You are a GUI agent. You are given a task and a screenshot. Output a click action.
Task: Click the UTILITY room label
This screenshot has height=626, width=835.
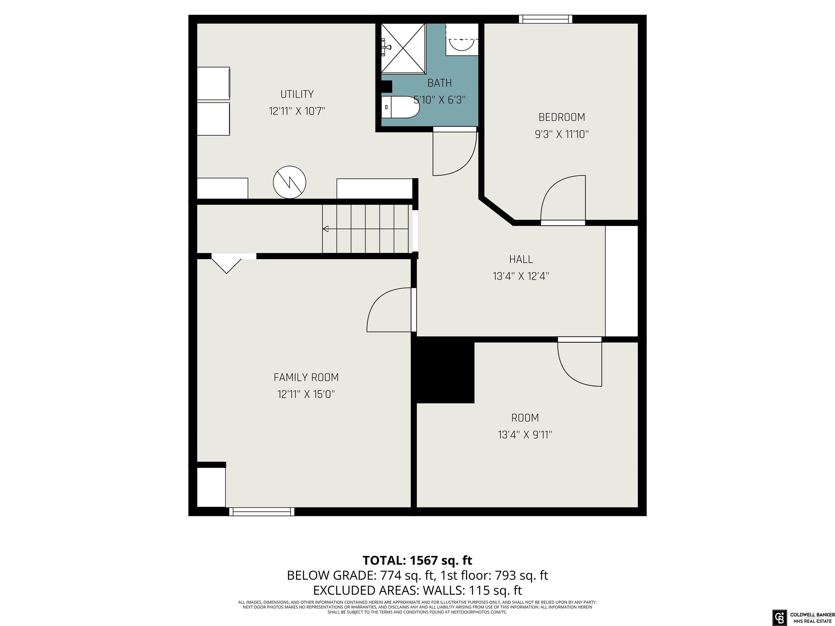(x=297, y=94)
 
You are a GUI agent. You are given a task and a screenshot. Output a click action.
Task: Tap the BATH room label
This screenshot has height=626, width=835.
(x=440, y=83)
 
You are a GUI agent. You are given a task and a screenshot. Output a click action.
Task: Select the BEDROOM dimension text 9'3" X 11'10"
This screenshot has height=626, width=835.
(x=562, y=134)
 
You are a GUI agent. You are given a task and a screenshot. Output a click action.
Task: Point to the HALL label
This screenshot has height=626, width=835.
(x=521, y=259)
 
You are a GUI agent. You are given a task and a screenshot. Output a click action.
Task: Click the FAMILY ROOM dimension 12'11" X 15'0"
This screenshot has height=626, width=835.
(x=306, y=394)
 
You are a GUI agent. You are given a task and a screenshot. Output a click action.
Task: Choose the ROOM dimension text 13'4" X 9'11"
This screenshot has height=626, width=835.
(x=525, y=435)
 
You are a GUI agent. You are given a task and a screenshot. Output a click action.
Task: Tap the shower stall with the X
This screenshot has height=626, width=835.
(x=403, y=48)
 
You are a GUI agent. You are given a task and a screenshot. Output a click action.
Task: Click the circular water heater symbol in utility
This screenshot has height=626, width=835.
(x=289, y=182)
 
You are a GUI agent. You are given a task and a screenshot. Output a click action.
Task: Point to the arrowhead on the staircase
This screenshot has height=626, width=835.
(x=325, y=229)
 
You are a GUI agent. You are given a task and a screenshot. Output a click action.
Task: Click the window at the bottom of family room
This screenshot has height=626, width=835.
(x=261, y=512)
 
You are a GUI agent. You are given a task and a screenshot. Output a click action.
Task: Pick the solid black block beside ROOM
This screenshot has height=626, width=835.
(x=445, y=370)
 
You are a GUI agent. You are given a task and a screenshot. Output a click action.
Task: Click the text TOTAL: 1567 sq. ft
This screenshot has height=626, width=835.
(x=417, y=560)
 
